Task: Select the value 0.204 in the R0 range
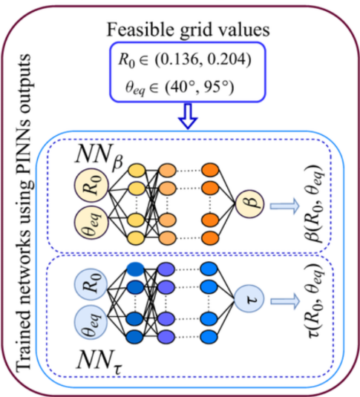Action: (226, 59)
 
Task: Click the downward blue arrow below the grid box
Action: (188, 117)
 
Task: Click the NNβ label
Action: (99, 157)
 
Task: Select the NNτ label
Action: (99, 361)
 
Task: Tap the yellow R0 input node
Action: (91, 186)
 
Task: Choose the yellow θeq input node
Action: (91, 223)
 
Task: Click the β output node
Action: (250, 204)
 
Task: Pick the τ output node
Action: (249, 299)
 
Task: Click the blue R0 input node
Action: (91, 284)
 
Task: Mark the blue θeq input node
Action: (91, 322)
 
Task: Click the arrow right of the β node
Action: (285, 206)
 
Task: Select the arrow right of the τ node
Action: (285, 301)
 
